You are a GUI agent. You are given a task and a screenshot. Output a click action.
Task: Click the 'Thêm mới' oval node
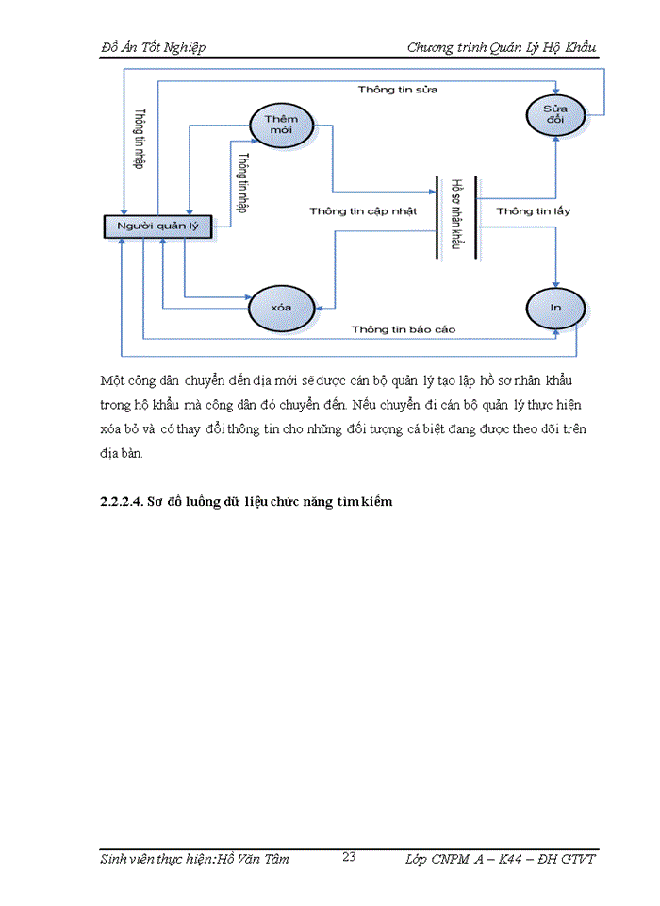coord(280,125)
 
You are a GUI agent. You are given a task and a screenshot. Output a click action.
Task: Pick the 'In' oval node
coord(556,308)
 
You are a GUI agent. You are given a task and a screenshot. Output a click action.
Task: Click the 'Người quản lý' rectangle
coord(157,226)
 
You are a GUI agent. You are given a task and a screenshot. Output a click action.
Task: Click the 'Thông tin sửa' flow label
coord(398,90)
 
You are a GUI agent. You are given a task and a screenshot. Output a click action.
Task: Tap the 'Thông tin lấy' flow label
coord(534,211)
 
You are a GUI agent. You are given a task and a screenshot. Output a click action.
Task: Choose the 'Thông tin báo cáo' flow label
coord(404,328)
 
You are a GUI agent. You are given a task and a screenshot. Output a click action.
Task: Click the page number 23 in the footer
coord(347,858)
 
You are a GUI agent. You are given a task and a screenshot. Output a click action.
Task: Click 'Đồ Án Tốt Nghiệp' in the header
coord(152,47)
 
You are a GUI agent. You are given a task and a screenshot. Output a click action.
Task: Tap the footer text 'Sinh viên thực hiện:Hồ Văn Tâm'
coord(194,859)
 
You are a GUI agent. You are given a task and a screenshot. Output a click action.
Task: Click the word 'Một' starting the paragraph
coord(112,380)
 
